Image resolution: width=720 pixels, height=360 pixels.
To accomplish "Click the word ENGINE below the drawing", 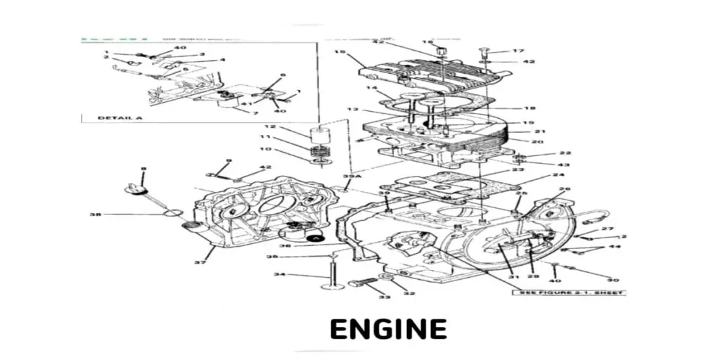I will (x=388, y=329).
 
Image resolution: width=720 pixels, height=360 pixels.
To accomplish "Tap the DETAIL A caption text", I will (x=120, y=117).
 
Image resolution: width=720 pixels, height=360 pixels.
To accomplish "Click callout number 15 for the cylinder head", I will (x=339, y=53).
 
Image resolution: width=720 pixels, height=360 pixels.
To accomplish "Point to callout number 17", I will (x=518, y=51).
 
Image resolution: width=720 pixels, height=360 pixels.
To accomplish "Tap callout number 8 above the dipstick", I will (x=143, y=169).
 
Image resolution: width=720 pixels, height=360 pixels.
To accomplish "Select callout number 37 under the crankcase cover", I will (x=199, y=263).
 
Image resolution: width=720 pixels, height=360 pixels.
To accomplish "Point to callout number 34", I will (x=279, y=274).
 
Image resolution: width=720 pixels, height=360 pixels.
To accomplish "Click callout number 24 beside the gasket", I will (x=559, y=174).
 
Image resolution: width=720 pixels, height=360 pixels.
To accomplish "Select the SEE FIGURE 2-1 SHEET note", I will (x=571, y=292).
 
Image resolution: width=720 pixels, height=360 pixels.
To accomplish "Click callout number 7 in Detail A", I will (x=255, y=112).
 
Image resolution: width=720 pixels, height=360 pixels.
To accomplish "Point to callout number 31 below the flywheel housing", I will (x=514, y=276).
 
